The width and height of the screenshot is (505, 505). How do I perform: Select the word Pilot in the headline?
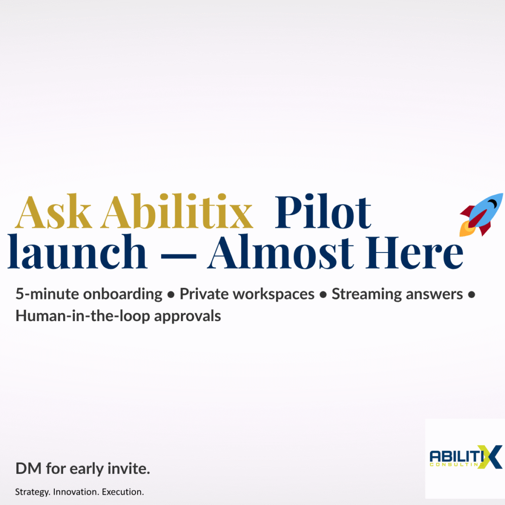[x=323, y=214]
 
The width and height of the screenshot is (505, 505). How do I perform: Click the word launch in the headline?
[x=77, y=253]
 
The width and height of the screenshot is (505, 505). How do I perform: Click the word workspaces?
[x=274, y=295]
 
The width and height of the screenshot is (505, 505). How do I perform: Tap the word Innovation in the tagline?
[x=75, y=492]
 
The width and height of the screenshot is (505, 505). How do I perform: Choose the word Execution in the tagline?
[x=123, y=492]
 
